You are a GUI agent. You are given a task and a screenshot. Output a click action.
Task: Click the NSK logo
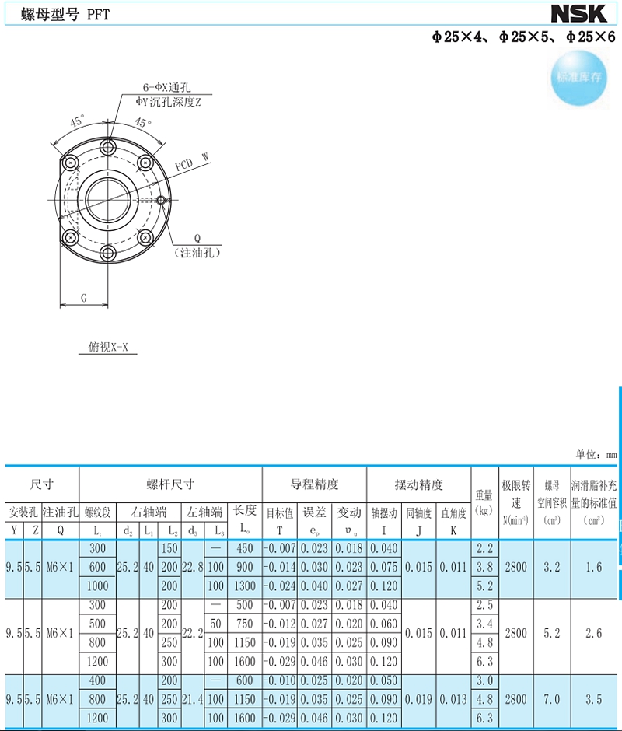pyautogui.click(x=578, y=13)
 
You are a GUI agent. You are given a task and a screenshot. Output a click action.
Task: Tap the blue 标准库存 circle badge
pyautogui.click(x=579, y=78)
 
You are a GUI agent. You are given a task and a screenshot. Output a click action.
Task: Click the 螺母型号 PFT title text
pyautogui.click(x=65, y=15)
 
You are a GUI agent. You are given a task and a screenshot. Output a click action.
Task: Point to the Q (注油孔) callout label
pyautogui.click(x=197, y=246)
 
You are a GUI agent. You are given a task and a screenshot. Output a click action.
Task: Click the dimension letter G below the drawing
pyautogui.click(x=84, y=298)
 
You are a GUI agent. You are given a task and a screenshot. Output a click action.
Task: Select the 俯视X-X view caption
pyautogui.click(x=108, y=347)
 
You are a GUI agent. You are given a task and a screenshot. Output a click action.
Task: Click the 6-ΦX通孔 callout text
pyautogui.click(x=166, y=87)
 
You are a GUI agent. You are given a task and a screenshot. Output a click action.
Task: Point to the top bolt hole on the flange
pyautogui.click(x=108, y=147)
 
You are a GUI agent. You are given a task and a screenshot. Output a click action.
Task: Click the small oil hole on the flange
pyautogui.click(x=161, y=200)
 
